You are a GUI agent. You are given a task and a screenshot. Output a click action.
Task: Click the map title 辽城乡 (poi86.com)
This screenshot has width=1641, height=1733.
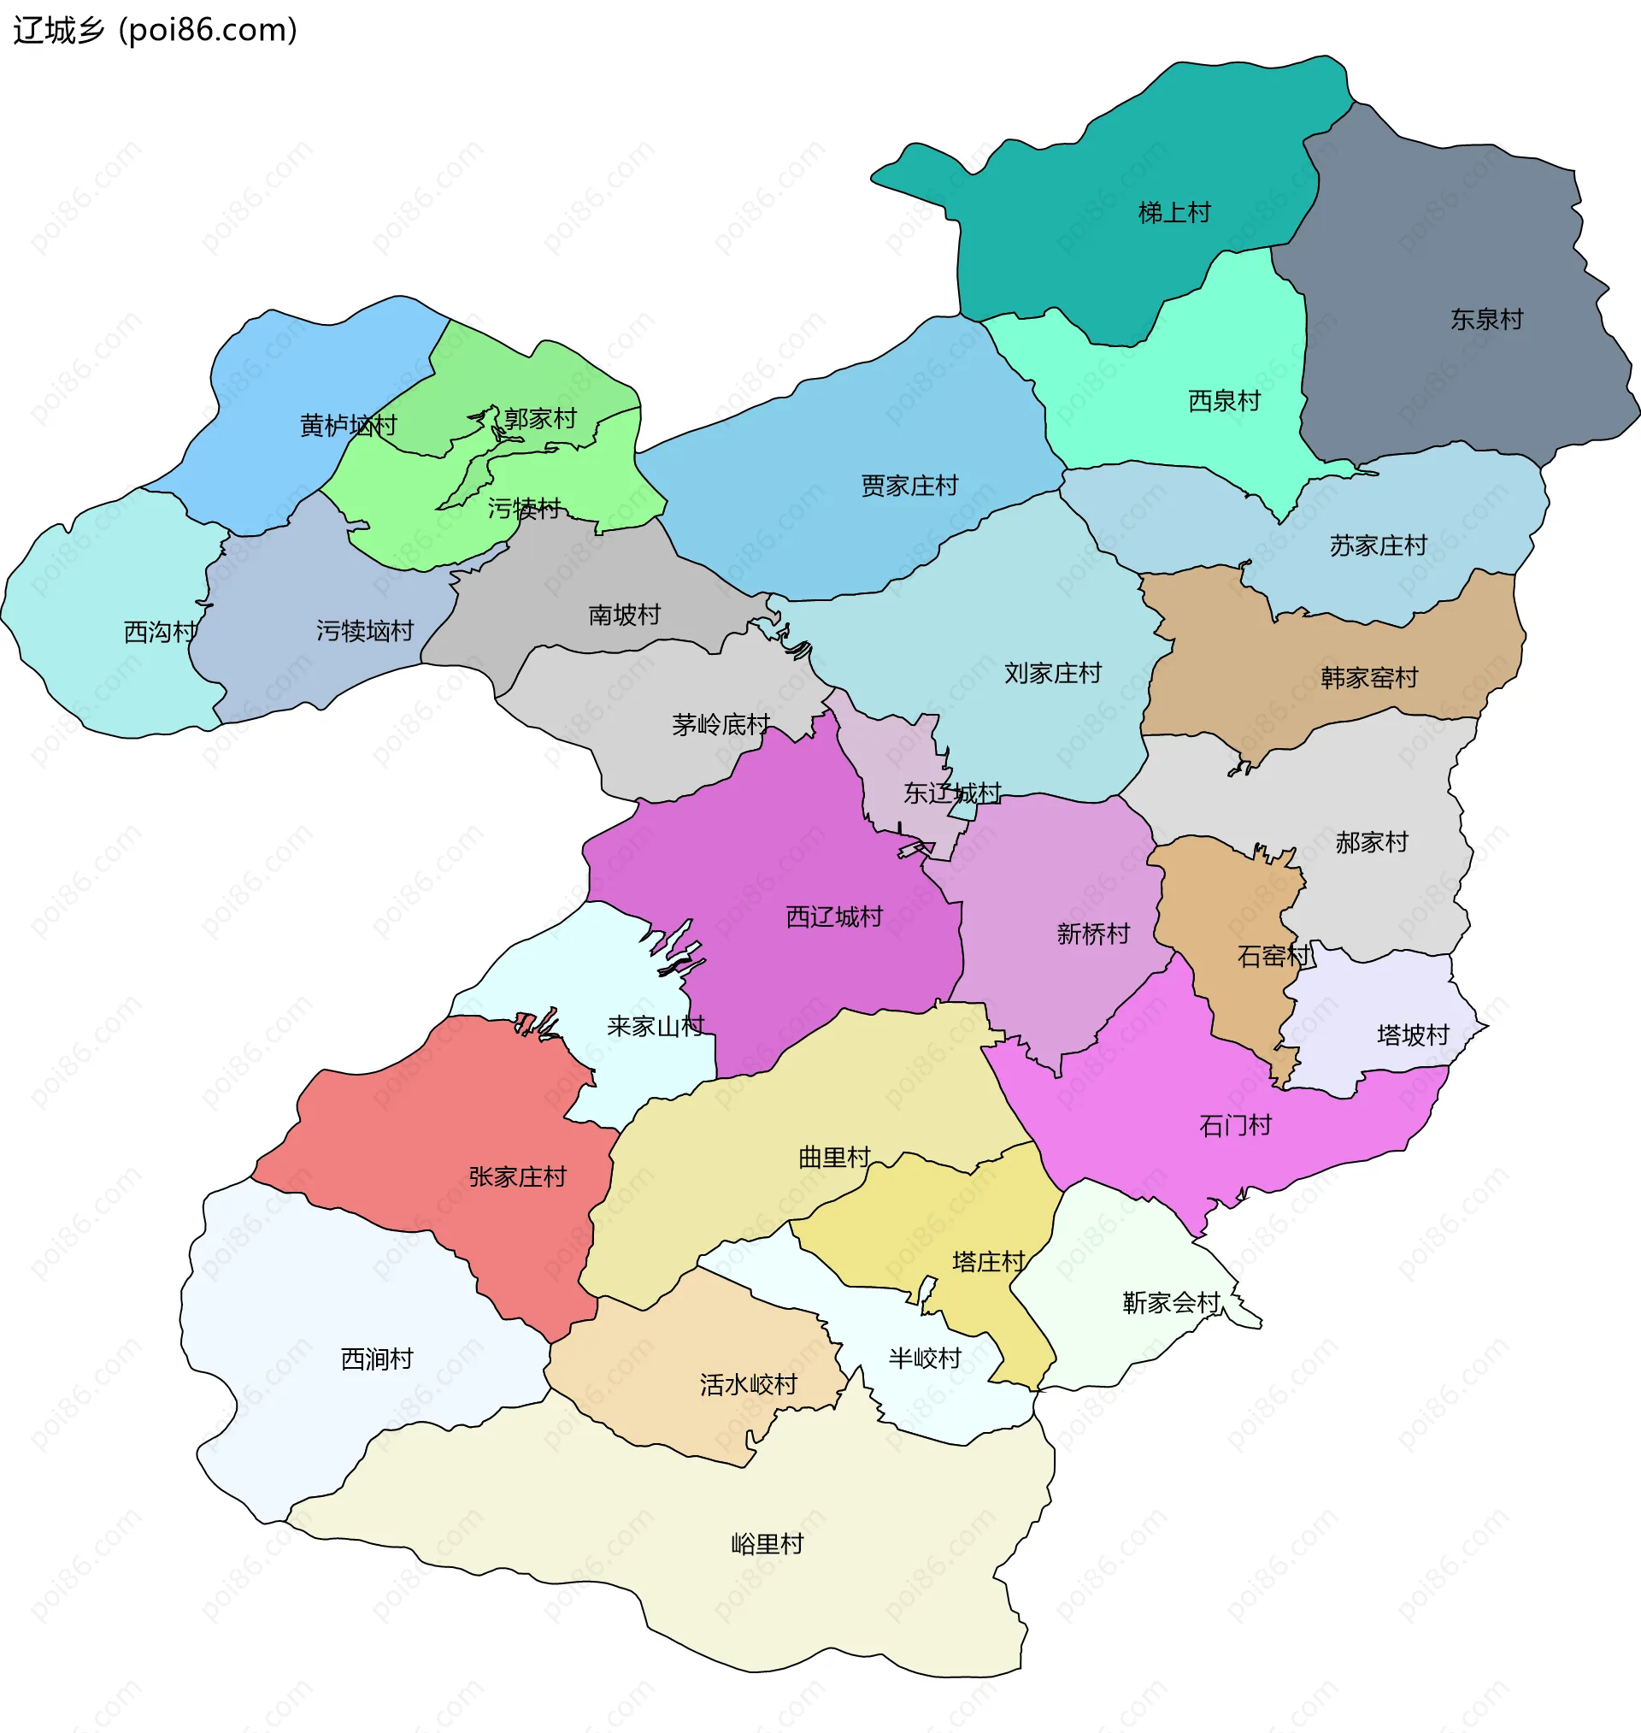point(156,31)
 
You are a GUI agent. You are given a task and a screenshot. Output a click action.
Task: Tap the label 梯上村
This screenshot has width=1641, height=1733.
point(1173,213)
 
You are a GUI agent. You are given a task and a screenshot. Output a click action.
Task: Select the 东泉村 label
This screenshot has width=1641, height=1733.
point(1486,319)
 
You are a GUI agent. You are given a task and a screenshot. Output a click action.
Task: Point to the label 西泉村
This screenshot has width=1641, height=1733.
point(1224,402)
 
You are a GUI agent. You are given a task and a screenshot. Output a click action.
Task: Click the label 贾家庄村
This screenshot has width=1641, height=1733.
point(909,486)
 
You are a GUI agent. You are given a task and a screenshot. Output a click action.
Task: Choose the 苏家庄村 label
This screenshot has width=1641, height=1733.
point(1378,545)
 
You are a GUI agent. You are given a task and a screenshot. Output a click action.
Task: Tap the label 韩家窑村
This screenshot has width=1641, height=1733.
point(1369,678)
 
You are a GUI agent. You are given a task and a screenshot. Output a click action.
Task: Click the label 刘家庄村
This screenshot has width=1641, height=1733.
point(1052,674)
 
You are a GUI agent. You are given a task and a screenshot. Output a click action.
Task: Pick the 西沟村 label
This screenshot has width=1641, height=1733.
point(160,632)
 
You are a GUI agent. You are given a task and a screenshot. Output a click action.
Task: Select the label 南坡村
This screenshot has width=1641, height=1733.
point(624,615)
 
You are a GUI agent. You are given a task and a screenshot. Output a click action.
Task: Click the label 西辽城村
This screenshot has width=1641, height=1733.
point(833,917)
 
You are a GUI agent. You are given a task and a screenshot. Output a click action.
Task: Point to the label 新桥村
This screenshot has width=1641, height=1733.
point(1092,934)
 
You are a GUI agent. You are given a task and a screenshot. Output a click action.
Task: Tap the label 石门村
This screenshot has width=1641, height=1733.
point(1235,1125)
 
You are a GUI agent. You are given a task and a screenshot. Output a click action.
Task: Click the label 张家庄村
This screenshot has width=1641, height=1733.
point(517,1176)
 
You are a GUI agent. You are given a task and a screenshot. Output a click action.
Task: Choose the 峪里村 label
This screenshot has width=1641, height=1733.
point(768,1544)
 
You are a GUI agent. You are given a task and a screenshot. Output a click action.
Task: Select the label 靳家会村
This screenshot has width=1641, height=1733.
point(1170,1303)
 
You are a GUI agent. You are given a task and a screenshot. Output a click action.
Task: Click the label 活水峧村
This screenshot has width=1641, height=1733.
point(748,1384)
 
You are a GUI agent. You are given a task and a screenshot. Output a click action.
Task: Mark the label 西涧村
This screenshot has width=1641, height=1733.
point(376,1359)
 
